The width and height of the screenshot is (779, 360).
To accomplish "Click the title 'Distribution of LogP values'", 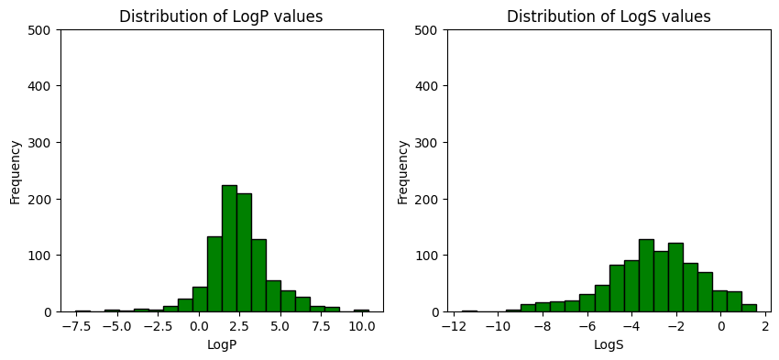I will pos(222,16).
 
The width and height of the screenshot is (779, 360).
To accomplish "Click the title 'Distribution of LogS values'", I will pos(609,16).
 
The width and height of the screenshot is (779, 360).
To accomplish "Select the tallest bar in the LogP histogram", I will pos(229,248).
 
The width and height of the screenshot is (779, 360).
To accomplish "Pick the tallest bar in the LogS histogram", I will pos(646,275).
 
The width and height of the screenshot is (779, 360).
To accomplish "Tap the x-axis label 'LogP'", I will pos(222,345).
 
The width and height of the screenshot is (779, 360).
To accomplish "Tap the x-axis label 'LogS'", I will pos(609,345).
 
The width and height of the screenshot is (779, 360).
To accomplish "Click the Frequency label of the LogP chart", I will pos(16,171).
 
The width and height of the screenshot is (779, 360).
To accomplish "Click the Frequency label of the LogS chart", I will pos(402,171).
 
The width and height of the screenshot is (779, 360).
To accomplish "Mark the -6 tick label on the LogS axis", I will pos(587,326).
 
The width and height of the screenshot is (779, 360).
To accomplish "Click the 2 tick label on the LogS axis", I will pos(766,326).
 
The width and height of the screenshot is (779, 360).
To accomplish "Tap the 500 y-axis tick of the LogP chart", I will pos(43,30).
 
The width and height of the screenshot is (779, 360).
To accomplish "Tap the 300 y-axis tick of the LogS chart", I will pos(430,143).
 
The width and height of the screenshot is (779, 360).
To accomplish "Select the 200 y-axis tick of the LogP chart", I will pos(43,199).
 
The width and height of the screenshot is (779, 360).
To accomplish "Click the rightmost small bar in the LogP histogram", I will pos(361,311).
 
